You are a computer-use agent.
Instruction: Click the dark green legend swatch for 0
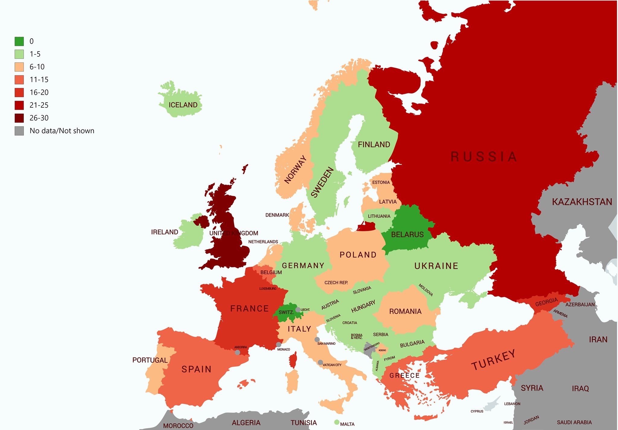pos(19,41)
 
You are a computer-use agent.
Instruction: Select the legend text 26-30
pos(39,118)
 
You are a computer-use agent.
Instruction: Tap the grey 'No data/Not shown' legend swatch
pos(19,131)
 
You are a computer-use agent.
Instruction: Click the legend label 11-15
pos(39,80)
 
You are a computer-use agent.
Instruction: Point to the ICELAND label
pos(183,105)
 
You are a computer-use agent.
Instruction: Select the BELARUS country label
pos(407,234)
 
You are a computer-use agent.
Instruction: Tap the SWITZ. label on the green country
pos(286,312)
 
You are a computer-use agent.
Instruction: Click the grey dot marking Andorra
pos(237,352)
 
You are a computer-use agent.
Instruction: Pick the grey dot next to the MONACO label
pos(279,345)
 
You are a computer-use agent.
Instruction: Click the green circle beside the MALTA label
pos(337,422)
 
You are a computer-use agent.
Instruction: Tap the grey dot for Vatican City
pos(320,362)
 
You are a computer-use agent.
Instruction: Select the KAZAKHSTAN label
pos(582,202)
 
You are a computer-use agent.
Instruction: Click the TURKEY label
pos(493,360)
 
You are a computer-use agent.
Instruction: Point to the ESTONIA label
pos(381,183)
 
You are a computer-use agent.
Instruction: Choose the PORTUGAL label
pos(150,360)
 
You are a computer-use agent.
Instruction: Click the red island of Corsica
pos(293,361)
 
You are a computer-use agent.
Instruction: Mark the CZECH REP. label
pos(336,283)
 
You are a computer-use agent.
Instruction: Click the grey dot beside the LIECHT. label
pos(298,310)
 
